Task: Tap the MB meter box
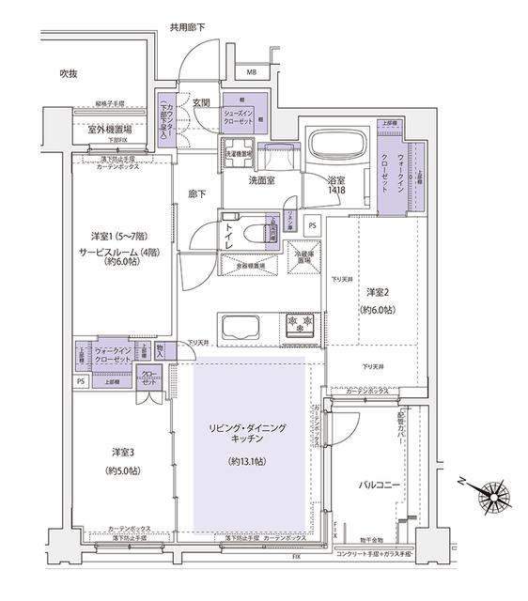[x=252, y=71]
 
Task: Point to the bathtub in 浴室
[x=337, y=146]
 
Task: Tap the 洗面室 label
[x=262, y=179]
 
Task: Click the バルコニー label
[x=380, y=485]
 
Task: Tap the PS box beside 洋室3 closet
[x=81, y=381]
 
